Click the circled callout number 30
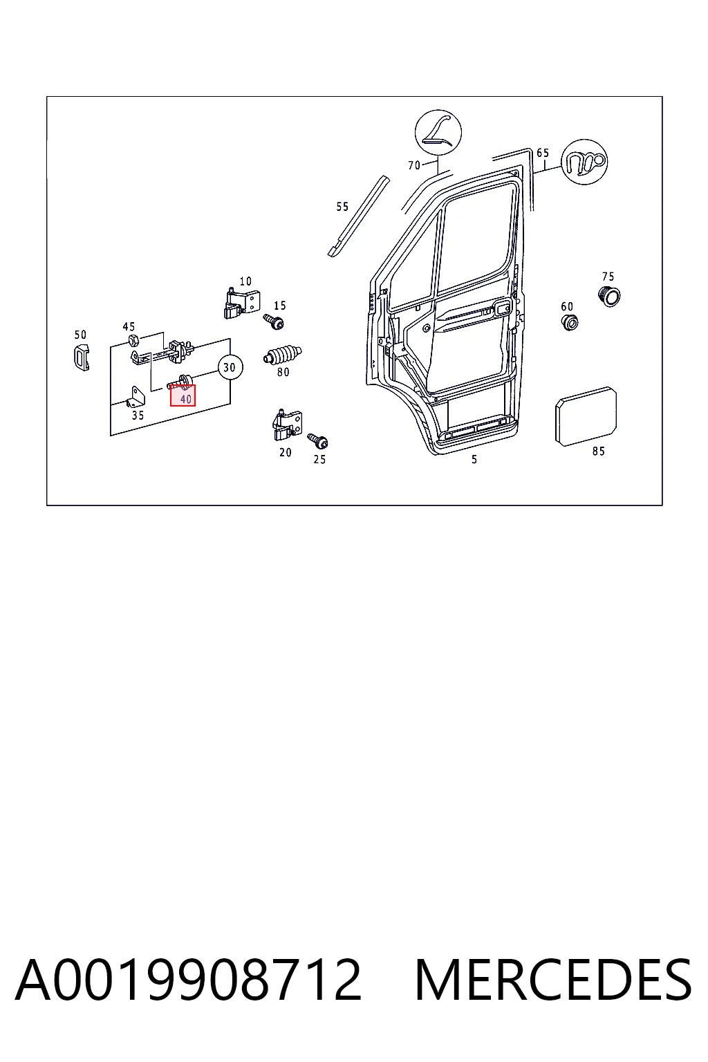(230, 367)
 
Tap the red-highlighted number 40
(185, 399)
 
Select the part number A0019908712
(188, 980)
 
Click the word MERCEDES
(553, 980)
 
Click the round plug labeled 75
(609, 297)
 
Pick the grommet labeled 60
(569, 322)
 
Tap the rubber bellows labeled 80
(283, 355)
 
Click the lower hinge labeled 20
(288, 425)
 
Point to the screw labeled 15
(274, 322)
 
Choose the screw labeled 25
(317, 441)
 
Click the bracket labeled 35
(137, 397)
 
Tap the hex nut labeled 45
(133, 339)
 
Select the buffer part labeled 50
(82, 357)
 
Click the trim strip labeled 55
(358, 216)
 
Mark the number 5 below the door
(474, 459)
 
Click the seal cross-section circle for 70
(438, 132)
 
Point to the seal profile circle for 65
(584, 162)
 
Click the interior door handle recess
(502, 310)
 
